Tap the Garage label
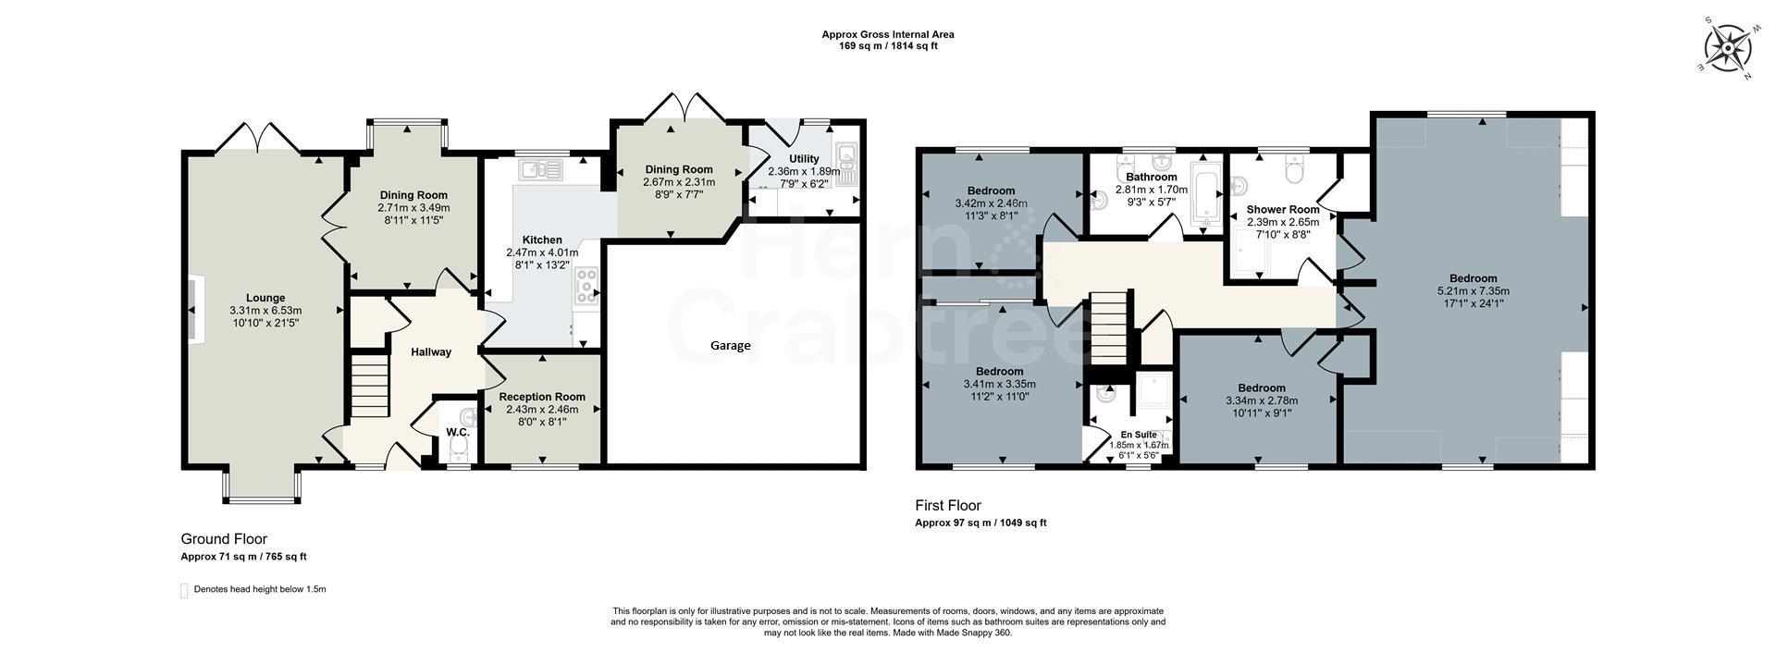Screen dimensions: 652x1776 click(730, 345)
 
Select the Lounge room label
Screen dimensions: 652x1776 click(265, 298)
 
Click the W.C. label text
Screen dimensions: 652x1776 click(457, 432)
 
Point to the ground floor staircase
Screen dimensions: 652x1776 click(369, 387)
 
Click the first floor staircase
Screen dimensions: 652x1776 click(1109, 330)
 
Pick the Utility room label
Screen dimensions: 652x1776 click(804, 158)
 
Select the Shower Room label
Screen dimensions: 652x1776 click(1283, 209)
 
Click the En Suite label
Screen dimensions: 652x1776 click(1138, 434)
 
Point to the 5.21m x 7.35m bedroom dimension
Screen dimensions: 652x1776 click(1473, 290)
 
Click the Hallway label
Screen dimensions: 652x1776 click(431, 351)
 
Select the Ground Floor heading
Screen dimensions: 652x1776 click(224, 539)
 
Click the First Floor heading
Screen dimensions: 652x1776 click(947, 505)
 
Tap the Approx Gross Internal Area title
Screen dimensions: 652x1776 click(887, 34)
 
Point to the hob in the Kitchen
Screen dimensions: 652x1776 click(586, 286)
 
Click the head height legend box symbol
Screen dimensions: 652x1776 click(184, 590)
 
